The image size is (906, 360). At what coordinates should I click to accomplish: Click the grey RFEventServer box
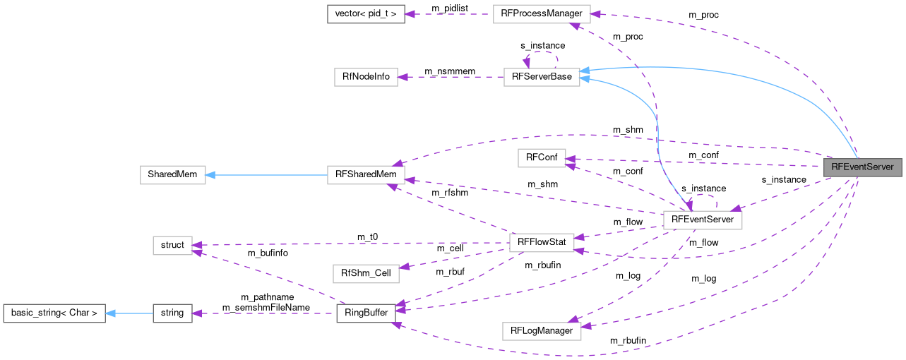(x=862, y=167)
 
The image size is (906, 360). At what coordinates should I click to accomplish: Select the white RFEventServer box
(x=702, y=220)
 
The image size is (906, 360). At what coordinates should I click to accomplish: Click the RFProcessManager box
(x=541, y=14)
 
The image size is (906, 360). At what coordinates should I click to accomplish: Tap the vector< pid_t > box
(x=366, y=14)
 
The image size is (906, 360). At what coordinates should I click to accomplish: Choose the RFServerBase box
(x=542, y=77)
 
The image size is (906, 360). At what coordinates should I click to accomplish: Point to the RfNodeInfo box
(x=366, y=77)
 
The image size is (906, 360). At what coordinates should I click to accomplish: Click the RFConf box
(x=542, y=158)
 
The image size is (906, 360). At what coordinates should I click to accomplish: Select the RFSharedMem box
(x=366, y=175)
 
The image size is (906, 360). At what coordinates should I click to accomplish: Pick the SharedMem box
(x=172, y=175)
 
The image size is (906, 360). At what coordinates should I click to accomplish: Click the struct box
(x=172, y=245)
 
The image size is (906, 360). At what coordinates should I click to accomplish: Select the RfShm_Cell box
(x=366, y=272)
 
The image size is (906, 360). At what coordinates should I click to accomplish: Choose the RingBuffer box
(x=366, y=312)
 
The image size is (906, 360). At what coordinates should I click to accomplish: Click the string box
(x=172, y=313)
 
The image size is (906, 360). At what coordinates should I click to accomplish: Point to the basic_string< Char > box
(x=54, y=313)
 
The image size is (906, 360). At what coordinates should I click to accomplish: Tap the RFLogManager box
(x=542, y=330)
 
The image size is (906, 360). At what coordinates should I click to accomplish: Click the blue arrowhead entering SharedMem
(x=210, y=175)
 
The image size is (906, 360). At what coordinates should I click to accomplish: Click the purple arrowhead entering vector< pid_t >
(x=410, y=14)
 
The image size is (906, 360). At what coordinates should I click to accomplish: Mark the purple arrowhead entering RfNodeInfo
(x=403, y=77)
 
